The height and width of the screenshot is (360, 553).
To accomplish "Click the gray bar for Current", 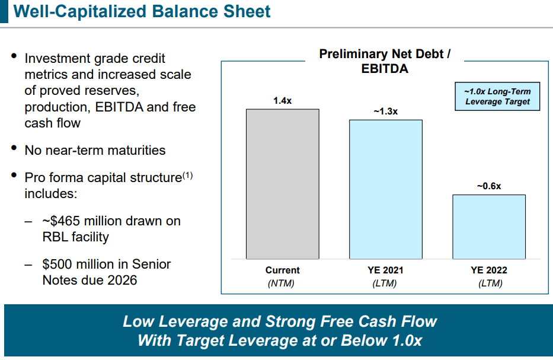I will [283, 184].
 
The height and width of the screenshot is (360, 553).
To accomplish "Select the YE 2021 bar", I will [386, 189].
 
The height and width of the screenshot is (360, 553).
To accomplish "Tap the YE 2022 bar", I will [489, 227].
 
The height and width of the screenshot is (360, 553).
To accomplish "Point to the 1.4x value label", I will [282, 101].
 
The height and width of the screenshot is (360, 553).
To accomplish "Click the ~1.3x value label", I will [385, 111].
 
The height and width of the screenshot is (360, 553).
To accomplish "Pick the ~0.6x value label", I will [489, 186].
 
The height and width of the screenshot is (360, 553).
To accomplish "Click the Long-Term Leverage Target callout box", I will [497, 97].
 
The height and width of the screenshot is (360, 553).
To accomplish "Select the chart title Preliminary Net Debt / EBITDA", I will [385, 61].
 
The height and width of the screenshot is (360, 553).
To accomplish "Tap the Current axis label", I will [283, 270].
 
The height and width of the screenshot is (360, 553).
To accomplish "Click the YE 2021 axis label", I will [385, 270].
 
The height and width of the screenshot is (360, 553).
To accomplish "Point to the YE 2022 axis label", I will [489, 270].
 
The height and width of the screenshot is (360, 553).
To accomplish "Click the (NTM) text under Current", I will [282, 283].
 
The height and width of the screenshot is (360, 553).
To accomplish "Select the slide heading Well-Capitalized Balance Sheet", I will [142, 11].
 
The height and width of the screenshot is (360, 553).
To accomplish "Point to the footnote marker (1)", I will [187, 175].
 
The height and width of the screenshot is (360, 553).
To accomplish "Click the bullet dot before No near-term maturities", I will [14, 149].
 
